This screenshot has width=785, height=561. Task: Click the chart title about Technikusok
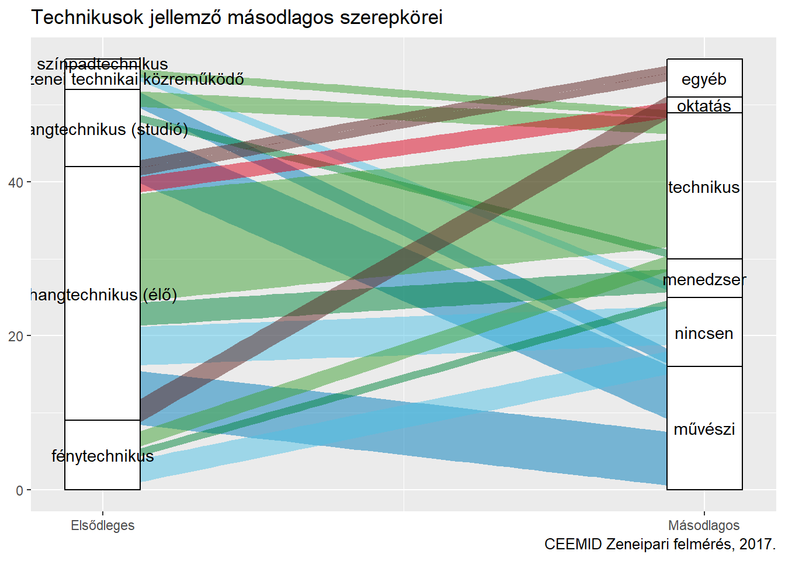[237, 18]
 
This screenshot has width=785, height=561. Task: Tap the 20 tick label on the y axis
[16, 336]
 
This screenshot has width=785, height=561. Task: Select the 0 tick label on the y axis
[19, 490]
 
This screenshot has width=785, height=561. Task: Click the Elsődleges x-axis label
[102, 525]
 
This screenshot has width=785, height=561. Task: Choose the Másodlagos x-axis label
[704, 525]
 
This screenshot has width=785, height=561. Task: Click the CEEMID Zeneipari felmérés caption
[659, 544]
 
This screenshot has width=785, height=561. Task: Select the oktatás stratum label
[704, 106]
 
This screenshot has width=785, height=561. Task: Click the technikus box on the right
[704, 187]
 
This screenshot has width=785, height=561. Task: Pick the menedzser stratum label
[704, 279]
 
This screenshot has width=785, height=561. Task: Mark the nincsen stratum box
[704, 333]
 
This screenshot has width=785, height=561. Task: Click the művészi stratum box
[704, 429]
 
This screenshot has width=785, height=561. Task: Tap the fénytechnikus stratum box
[102, 455]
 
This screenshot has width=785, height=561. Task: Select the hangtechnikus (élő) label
[102, 295]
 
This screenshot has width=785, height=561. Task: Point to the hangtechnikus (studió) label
[108, 129]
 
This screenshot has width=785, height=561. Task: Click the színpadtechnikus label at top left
[102, 64]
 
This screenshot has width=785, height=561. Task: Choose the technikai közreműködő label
[157, 79]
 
